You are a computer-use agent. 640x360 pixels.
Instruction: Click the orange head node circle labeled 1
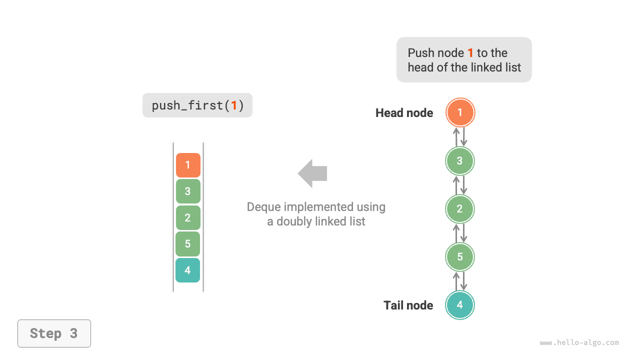[460, 112]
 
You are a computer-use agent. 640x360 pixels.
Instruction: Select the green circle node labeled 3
[460, 161]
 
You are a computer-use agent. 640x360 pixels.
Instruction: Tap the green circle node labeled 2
[460, 209]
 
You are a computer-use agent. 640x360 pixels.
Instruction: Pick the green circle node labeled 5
[460, 257]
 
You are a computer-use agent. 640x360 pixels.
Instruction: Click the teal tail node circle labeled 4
[460, 305]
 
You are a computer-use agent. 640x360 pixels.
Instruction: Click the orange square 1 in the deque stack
[188, 165]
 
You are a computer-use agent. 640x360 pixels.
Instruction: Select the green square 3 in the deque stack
[188, 191]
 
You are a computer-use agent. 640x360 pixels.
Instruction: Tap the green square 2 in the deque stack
[188, 217]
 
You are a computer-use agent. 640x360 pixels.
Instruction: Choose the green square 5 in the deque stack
[188, 244]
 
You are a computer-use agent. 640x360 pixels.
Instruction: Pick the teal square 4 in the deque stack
[188, 270]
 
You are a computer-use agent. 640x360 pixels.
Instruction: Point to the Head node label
[404, 113]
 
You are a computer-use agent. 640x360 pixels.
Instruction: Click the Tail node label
[408, 305]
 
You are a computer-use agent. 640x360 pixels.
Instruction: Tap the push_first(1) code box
[197, 105]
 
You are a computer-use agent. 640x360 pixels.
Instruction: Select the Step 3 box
[54, 333]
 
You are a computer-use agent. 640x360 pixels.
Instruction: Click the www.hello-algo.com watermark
[579, 343]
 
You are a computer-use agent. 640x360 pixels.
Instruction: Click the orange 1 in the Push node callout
[470, 53]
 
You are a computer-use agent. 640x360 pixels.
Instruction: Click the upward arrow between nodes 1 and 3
[456, 136]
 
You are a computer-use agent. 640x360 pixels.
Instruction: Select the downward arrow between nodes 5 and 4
[464, 281]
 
